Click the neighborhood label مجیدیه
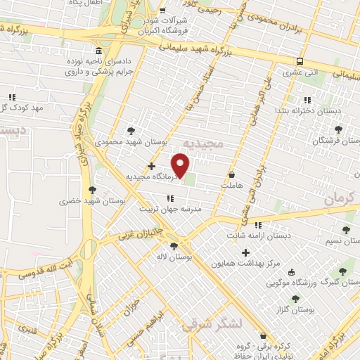pyautogui.click(x=202, y=143)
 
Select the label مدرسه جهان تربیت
pyautogui.click(x=173, y=209)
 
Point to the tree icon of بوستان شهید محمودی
pyautogui.click(x=131, y=130)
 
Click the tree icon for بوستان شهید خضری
pyautogui.click(x=91, y=189)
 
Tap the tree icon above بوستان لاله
pyautogui.click(x=174, y=245)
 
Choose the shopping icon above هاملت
pyautogui.click(x=231, y=173)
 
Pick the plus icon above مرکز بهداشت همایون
pyautogui.click(x=245, y=252)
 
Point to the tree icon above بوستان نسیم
pyautogui.click(x=345, y=230)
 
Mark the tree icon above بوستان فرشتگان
pyautogui.click(x=338, y=129)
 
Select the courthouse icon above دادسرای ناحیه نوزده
pyautogui.click(x=98, y=53)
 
